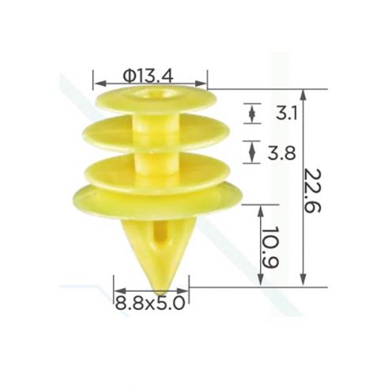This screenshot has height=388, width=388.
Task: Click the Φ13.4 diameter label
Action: (148, 77)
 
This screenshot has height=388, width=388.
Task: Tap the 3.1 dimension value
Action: (287, 113)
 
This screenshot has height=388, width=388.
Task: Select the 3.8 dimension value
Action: (282, 153)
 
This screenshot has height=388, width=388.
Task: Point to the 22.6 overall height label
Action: (313, 190)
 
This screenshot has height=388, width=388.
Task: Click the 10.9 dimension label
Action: (270, 247)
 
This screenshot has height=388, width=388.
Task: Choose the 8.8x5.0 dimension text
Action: (150, 303)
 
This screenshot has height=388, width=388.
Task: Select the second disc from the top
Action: (156, 134)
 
